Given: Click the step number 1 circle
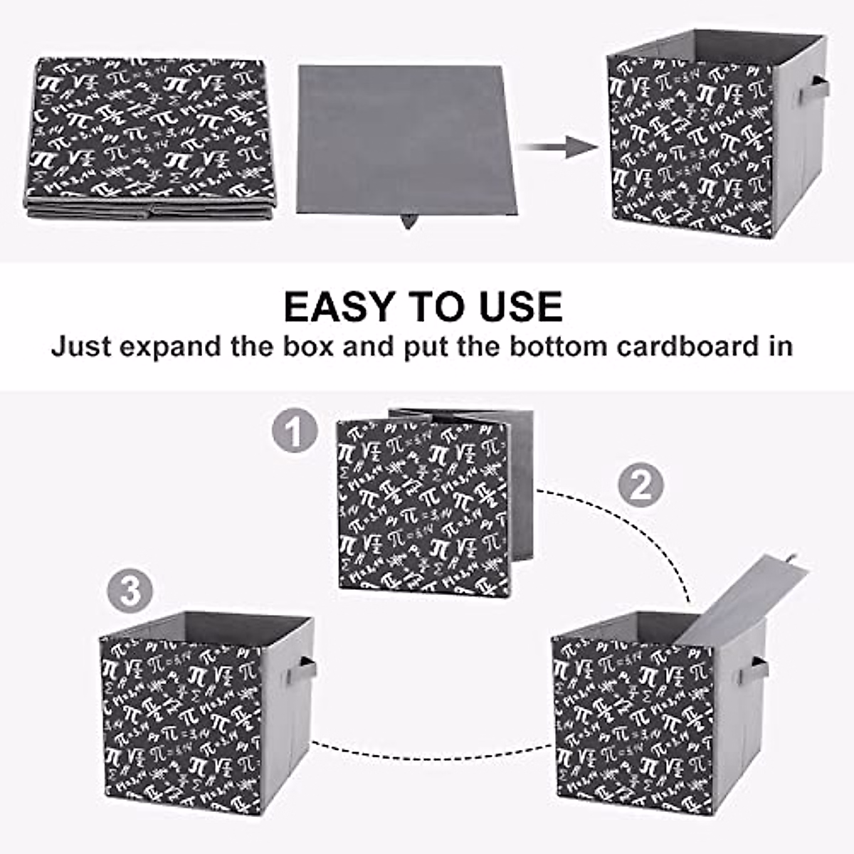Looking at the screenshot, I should pyautogui.click(x=295, y=431).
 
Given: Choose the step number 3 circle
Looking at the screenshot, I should pyautogui.click(x=130, y=591).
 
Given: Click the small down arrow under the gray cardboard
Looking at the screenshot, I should pyautogui.click(x=408, y=221).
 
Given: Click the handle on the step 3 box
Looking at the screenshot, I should pyautogui.click(x=307, y=671).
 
